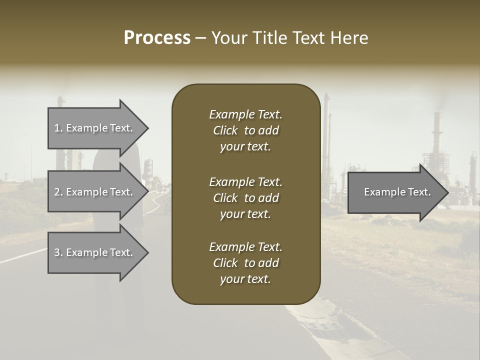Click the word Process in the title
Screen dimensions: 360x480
point(157,38)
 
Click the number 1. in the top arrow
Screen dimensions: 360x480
point(58,128)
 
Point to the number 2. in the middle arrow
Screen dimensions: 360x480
point(58,192)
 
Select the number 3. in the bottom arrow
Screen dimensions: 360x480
point(58,252)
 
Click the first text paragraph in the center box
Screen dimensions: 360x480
point(245,130)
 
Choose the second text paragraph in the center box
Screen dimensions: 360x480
point(245,198)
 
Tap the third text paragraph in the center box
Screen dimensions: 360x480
point(245,263)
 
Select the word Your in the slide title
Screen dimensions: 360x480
point(228,38)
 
